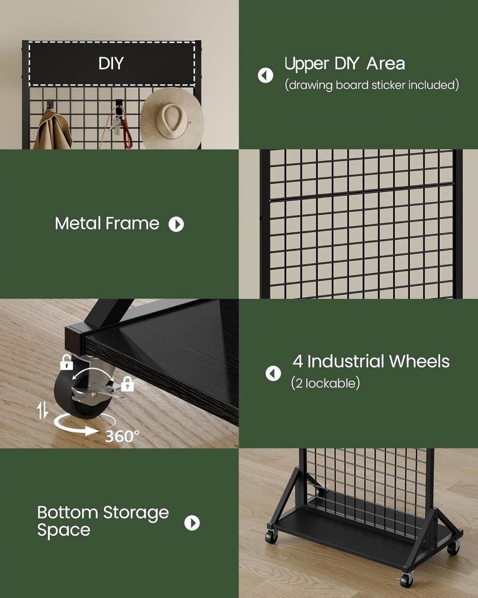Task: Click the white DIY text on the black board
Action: [111, 63]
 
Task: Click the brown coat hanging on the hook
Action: [52, 131]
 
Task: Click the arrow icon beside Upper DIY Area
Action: [265, 75]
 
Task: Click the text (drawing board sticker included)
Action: [372, 85]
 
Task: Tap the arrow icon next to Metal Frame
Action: [176, 224]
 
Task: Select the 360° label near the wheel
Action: [122, 436]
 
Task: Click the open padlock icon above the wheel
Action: [66, 362]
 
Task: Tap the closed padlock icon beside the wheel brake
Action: [127, 384]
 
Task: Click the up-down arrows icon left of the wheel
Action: [42, 410]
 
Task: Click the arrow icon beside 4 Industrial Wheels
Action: [273, 374]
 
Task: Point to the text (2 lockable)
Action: [326, 383]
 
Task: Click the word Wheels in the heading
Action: [419, 361]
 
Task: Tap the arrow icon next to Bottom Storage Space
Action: [192, 523]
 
